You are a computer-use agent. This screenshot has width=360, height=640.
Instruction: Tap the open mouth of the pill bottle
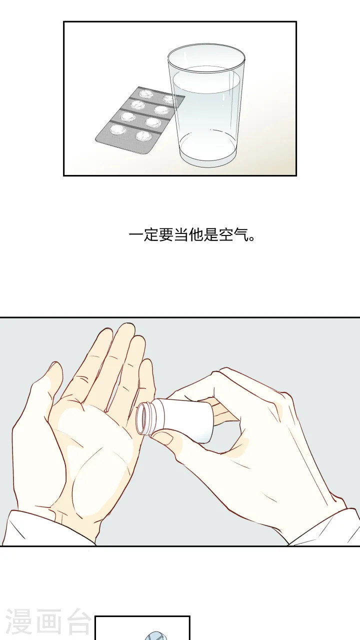point(143,417)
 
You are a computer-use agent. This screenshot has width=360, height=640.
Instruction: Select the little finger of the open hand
point(146,380)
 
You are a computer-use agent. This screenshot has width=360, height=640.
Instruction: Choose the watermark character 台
point(77,622)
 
